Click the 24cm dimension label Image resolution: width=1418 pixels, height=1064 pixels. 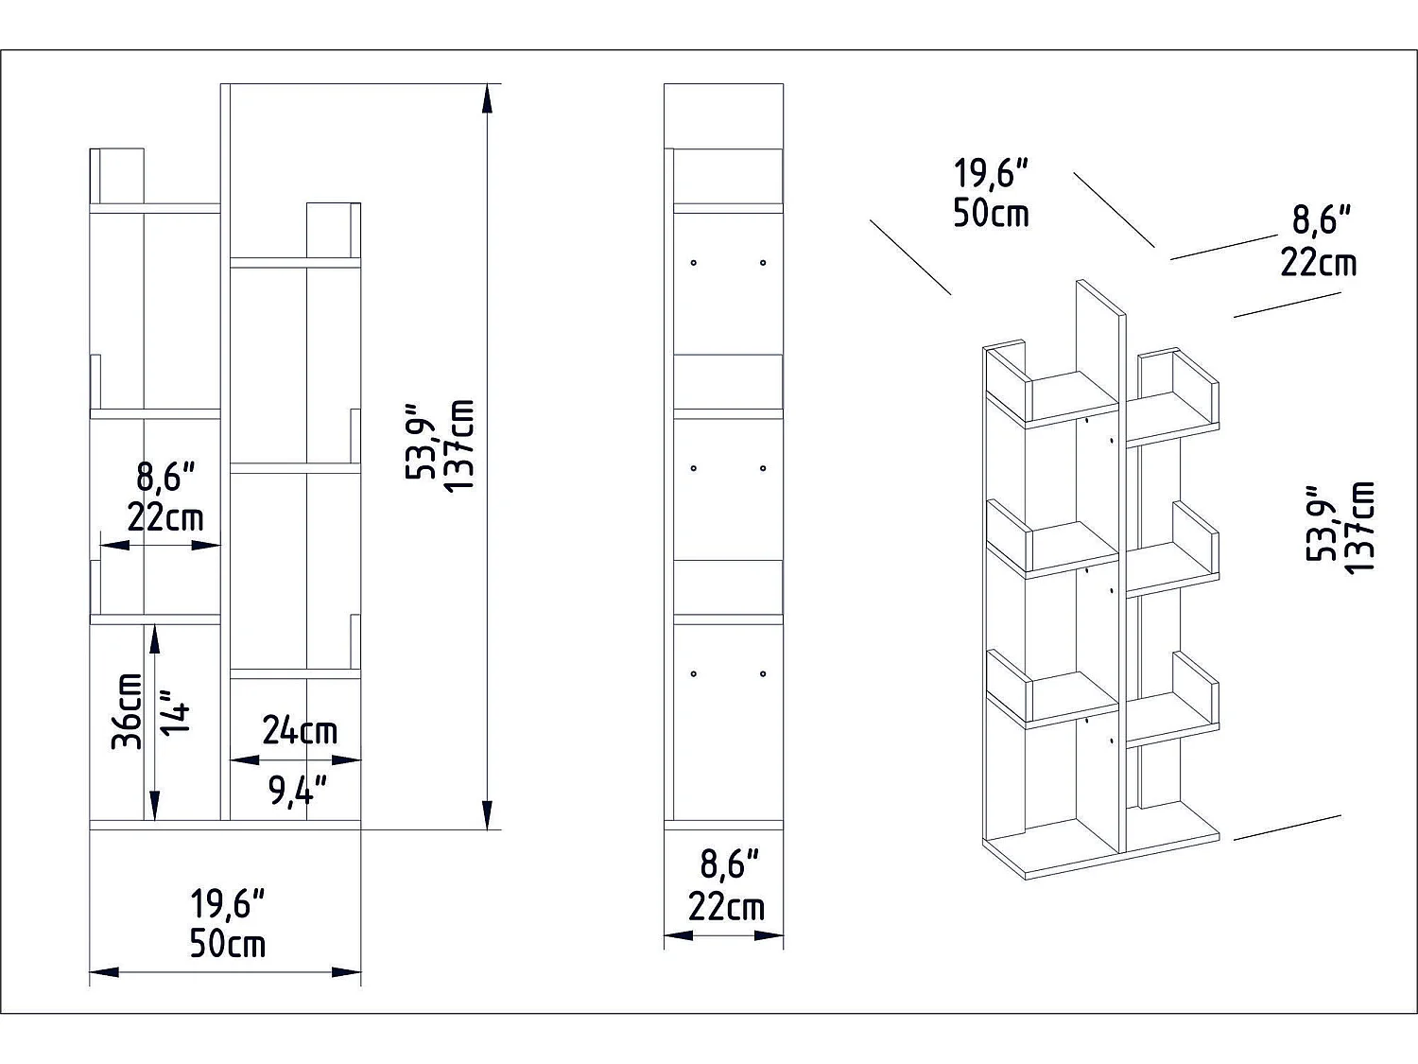(299, 730)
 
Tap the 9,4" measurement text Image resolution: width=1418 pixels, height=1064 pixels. (298, 790)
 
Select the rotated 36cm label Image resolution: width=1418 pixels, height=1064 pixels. (128, 711)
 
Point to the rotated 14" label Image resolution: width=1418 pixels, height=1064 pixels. (177, 711)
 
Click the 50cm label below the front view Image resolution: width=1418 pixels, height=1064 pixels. (228, 944)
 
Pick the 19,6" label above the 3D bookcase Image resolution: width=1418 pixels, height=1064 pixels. (990, 174)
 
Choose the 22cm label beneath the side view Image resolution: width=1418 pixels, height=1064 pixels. (726, 907)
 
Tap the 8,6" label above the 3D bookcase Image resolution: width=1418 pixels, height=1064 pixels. (1321, 220)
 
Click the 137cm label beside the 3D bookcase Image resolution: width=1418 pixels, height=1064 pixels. (1359, 526)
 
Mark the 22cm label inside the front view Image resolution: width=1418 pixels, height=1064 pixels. (165, 517)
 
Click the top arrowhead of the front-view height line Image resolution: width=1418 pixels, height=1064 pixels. (487, 99)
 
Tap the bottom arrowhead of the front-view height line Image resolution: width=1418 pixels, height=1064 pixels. (487, 813)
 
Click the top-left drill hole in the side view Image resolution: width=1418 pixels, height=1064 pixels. (694, 262)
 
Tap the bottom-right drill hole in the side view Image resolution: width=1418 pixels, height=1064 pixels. (763, 674)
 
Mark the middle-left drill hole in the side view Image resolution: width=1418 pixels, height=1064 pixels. (694, 468)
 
